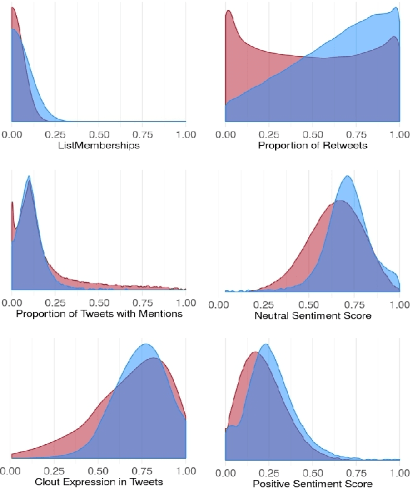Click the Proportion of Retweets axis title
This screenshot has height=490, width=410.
[313, 145]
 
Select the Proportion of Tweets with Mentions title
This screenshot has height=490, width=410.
[98, 315]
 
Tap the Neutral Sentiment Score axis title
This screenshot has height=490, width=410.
[313, 315]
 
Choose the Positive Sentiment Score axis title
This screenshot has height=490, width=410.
[312, 483]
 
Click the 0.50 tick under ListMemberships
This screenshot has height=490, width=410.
[99, 134]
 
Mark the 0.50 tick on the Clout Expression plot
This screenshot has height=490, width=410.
[99, 470]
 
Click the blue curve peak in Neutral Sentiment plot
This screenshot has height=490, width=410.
[347, 177]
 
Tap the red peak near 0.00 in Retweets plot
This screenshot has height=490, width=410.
[229, 11]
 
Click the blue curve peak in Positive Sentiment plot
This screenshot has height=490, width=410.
[265, 345]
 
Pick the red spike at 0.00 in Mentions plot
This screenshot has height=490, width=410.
[13, 203]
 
